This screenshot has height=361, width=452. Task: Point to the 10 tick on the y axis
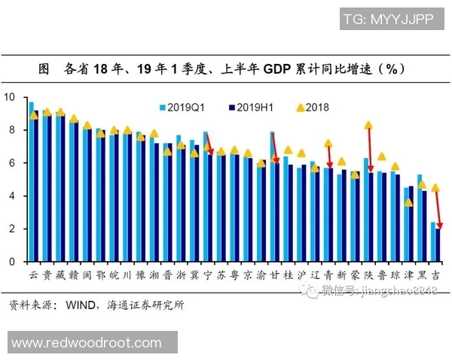10,97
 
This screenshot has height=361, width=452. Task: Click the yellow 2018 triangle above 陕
368,126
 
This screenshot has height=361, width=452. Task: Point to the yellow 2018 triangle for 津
408,202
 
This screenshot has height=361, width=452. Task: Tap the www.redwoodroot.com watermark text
87,343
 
